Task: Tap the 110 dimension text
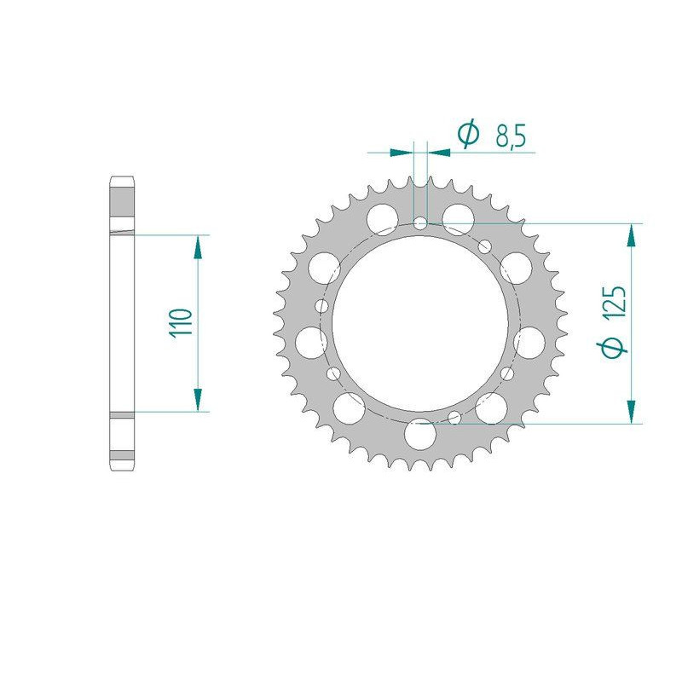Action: point(181,324)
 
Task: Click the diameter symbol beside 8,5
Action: point(467,134)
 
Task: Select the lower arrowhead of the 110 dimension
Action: point(198,399)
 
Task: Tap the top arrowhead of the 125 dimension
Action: point(631,236)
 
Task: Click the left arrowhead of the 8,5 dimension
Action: point(402,153)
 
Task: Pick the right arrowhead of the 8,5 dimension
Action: point(438,153)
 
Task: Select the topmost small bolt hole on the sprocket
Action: point(420,223)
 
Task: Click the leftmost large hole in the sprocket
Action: point(311,342)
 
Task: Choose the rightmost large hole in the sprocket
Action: point(530,342)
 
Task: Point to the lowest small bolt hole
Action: point(454,416)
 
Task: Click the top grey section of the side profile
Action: point(121,205)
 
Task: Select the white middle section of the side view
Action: point(121,324)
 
